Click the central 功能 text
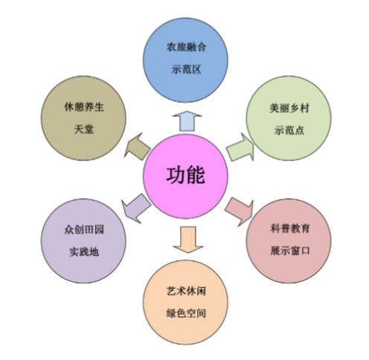coord(185,176)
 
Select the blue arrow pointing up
coord(187,121)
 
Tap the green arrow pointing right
coord(240,148)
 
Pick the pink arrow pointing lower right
coord(240,211)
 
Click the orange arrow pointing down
coord(188,240)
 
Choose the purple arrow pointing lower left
coord(136,208)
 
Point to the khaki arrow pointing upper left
coord(137,147)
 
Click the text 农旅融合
coord(186,47)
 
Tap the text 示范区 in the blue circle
coord(186,69)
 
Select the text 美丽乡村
coord(289,108)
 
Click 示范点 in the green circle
coord(289,130)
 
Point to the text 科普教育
coord(290,228)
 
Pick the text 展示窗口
coord(290,251)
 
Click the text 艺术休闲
coord(186,291)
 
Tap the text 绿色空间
coord(186,313)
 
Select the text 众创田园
coord(84,230)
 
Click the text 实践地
coord(84,252)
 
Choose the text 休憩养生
coord(84,107)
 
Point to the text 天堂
coord(84,129)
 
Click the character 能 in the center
coord(196,176)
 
